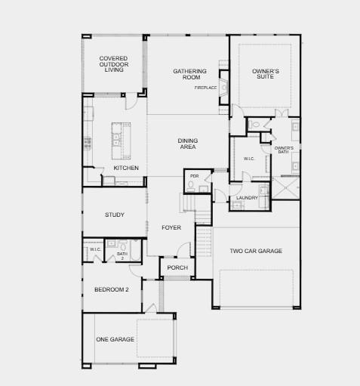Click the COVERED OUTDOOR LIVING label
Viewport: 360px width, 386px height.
(x=113, y=64)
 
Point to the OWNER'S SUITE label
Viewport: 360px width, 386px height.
(x=265, y=74)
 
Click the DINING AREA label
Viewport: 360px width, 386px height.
(x=187, y=144)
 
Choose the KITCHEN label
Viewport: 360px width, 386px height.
(x=126, y=168)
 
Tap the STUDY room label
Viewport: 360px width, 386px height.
(x=115, y=215)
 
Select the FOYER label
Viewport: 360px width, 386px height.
(x=171, y=227)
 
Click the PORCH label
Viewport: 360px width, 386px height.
(x=177, y=267)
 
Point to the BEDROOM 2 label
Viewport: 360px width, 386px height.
(x=111, y=289)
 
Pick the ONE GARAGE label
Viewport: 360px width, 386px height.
(x=115, y=339)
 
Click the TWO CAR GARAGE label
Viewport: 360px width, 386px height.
(x=256, y=251)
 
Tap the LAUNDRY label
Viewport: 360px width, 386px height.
(x=247, y=198)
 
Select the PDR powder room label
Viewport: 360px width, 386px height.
(x=194, y=176)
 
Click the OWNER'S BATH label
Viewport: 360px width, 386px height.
(x=283, y=150)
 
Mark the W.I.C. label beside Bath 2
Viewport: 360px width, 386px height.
(x=95, y=249)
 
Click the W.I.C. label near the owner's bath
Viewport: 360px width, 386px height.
(x=249, y=159)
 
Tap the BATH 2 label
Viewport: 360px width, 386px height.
(x=122, y=255)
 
